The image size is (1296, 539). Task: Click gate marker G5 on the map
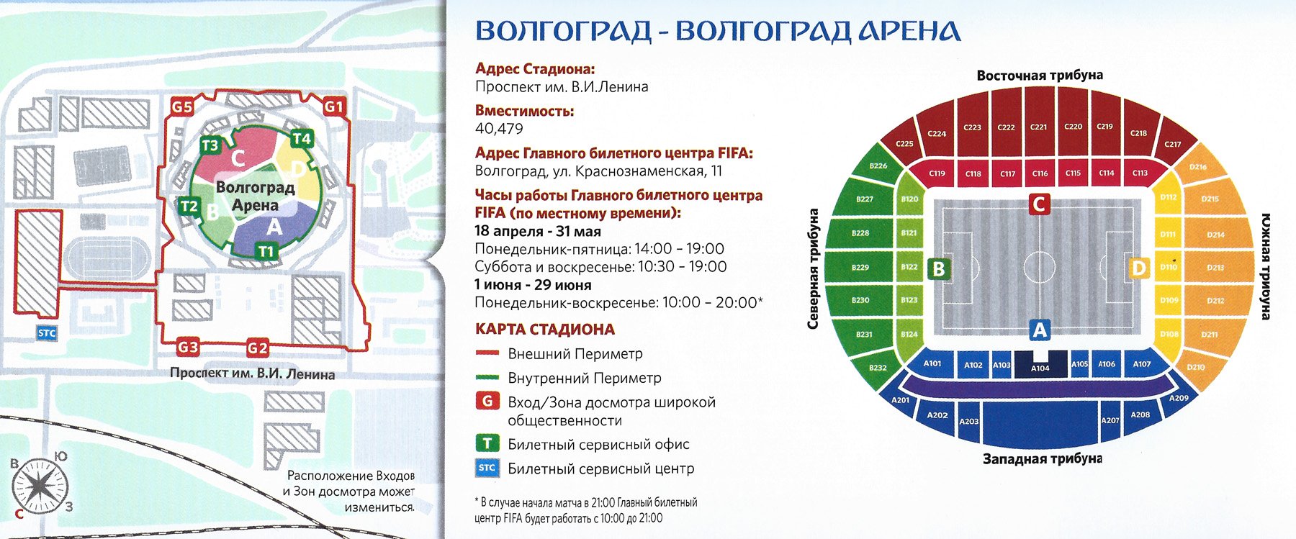pyautogui.click(x=182, y=107)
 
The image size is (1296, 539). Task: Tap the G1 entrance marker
pyautogui.click(x=334, y=107)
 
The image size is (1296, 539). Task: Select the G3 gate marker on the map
pyautogui.click(x=188, y=348)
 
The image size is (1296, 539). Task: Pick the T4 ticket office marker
pyautogui.click(x=302, y=138)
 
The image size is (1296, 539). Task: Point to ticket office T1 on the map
pyautogui.click(x=266, y=251)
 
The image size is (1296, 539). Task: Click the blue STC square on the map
pyautogui.click(x=47, y=332)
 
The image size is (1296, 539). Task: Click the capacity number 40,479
pyautogui.click(x=499, y=129)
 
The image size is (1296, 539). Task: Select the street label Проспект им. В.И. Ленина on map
pyautogui.click(x=252, y=373)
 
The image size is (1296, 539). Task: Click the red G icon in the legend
pyautogui.click(x=487, y=401)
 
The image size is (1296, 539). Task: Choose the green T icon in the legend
pyautogui.click(x=487, y=443)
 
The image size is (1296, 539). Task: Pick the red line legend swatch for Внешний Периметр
pyautogui.click(x=487, y=353)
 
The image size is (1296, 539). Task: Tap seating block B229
pyautogui.click(x=860, y=267)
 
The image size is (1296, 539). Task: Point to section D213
pyautogui.click(x=1215, y=267)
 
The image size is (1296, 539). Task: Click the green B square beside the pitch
pyautogui.click(x=938, y=268)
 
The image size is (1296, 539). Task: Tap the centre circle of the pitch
pyautogui.click(x=1038, y=268)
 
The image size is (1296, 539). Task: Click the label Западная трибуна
pyautogui.click(x=1042, y=458)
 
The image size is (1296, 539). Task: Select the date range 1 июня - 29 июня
pyautogui.click(x=533, y=285)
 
